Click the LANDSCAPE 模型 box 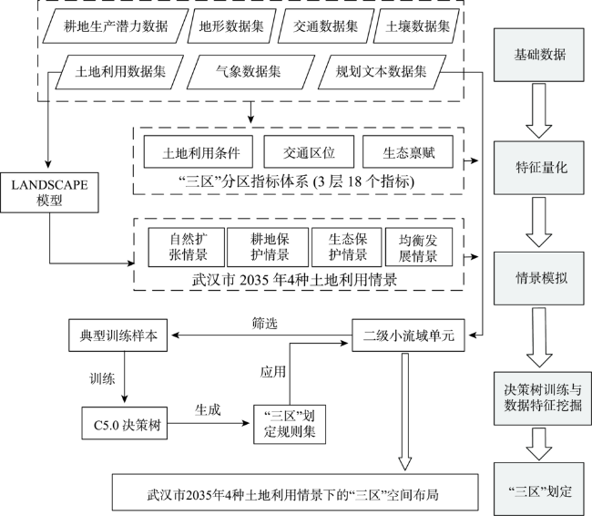[49, 192]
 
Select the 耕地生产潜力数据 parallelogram [116, 26]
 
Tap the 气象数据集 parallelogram [250, 72]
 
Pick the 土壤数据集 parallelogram [416, 26]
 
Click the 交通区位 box [309, 152]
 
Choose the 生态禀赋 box [408, 152]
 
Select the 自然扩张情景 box [187, 247]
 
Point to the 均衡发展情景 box [419, 247]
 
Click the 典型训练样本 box [117, 335]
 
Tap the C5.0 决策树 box [125, 423]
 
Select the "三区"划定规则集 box [290, 424]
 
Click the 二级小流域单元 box [409, 335]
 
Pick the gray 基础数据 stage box [539, 55]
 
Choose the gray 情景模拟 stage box [539, 278]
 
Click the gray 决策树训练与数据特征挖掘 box [543, 398]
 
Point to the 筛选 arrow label [265, 324]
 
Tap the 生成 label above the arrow [208, 409]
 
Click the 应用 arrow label [272, 372]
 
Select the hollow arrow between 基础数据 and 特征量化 [539, 110]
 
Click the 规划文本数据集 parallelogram [383, 72]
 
